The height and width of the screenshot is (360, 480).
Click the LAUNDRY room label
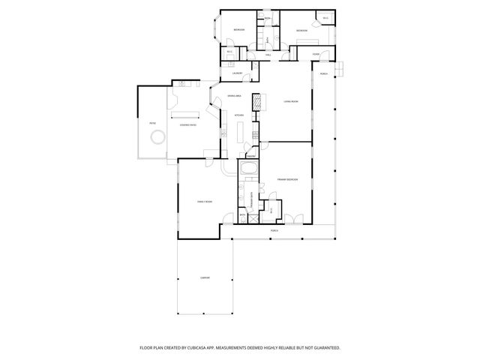[236, 73]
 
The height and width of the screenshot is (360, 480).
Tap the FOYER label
[316, 55]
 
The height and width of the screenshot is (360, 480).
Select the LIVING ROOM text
[292, 101]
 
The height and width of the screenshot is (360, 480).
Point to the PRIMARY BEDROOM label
[287, 180]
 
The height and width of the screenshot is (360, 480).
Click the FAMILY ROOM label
[205, 202]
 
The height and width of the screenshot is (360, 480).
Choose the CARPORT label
[205, 278]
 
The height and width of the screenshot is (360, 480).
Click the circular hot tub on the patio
[157, 138]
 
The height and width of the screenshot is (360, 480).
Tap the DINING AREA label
[234, 96]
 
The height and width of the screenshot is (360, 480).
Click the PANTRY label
[252, 155]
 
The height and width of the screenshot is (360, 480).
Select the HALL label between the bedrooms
[268, 55]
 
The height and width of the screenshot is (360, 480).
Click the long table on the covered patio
[187, 115]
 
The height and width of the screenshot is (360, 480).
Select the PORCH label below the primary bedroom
[274, 230]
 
